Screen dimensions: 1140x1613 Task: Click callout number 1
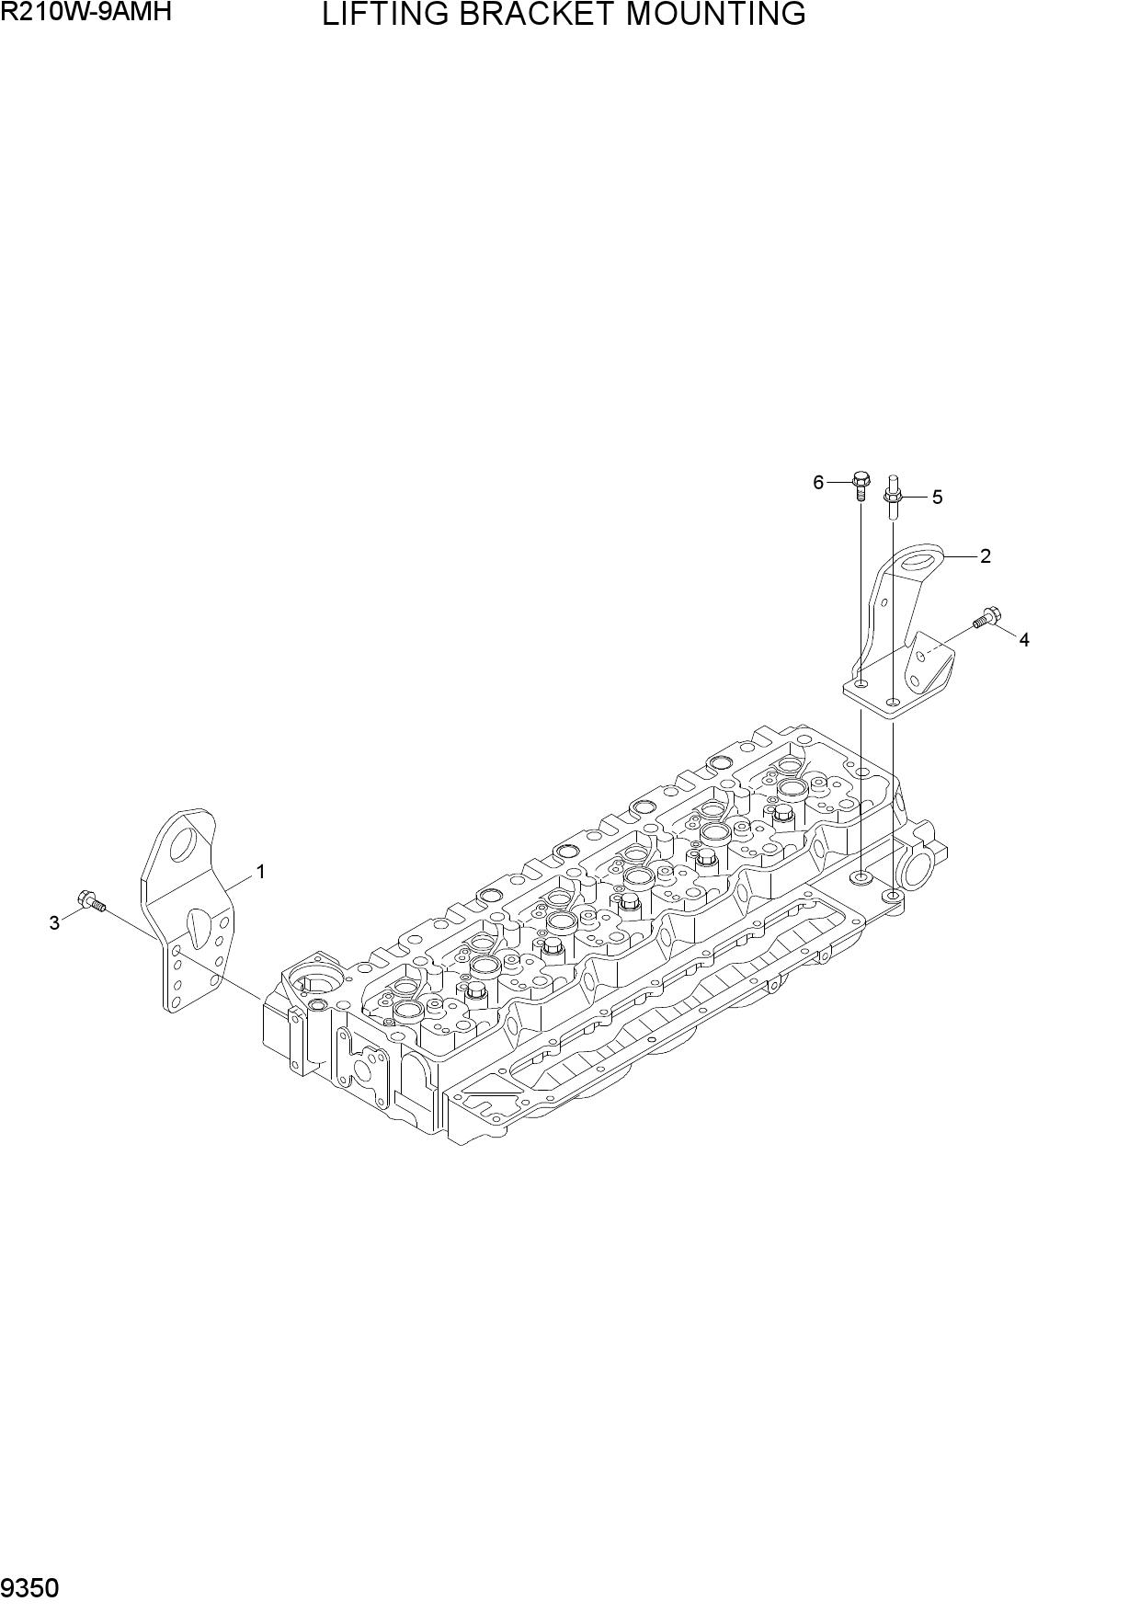point(260,871)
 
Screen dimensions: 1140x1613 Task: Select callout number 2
point(986,555)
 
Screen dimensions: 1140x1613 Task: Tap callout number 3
point(54,923)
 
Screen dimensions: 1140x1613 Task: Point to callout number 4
point(1024,640)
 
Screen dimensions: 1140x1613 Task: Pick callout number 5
point(938,498)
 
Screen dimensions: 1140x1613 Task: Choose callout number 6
point(818,482)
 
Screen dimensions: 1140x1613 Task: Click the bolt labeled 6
point(861,484)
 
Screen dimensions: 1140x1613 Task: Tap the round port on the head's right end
point(920,867)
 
